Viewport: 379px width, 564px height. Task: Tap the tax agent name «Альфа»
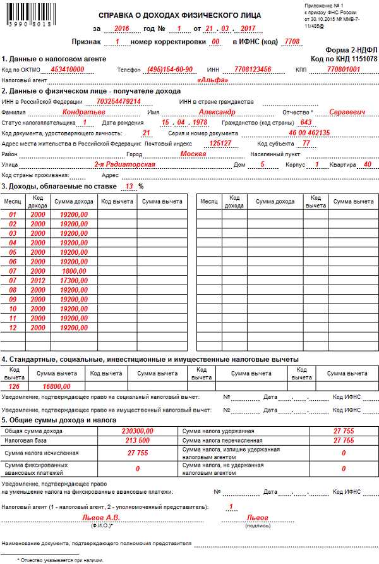212,80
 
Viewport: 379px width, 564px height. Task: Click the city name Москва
193,154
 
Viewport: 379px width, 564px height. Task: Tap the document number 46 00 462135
309,133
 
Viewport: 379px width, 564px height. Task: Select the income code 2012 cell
37,280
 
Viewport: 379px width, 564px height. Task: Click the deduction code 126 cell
15,386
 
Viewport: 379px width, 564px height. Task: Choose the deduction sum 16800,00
57,386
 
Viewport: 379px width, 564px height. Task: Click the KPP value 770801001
344,69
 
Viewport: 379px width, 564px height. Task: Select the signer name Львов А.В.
99,517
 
